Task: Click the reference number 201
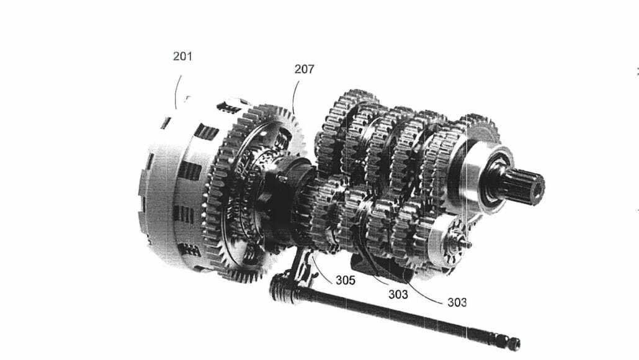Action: click(182, 56)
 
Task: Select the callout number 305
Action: click(345, 280)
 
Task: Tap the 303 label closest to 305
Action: click(398, 294)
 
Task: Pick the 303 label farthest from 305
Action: click(457, 302)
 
